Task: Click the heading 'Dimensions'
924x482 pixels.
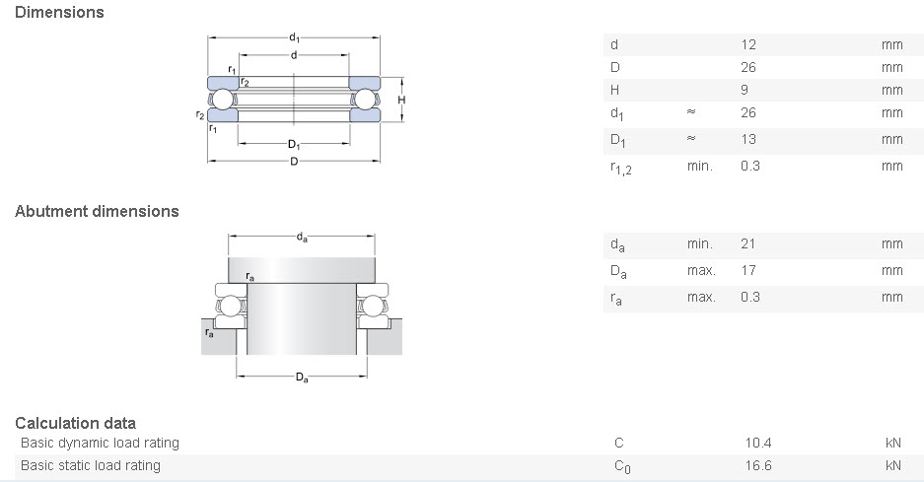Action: point(60,13)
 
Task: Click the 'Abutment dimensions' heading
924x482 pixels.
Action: point(97,211)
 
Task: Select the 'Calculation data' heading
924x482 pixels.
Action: point(75,423)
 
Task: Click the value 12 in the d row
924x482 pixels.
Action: point(748,44)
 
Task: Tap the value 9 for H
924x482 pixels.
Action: point(745,90)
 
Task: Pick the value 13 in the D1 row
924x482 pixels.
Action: point(748,139)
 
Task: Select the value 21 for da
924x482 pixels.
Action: point(747,243)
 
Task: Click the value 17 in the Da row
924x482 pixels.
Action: point(747,270)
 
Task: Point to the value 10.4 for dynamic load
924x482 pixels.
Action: point(758,443)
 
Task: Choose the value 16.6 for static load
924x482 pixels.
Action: point(758,465)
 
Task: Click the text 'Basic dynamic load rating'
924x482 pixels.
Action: point(100,443)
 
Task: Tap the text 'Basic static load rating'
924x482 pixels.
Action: point(90,465)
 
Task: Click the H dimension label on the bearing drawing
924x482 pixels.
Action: point(401,101)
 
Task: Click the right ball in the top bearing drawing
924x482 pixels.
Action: point(366,100)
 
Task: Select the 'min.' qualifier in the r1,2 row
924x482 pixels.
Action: point(699,166)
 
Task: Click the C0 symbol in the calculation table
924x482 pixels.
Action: point(621,466)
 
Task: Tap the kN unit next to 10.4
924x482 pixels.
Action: point(892,443)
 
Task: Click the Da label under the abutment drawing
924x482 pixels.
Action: point(302,378)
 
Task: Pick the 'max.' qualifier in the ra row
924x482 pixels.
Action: point(700,297)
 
